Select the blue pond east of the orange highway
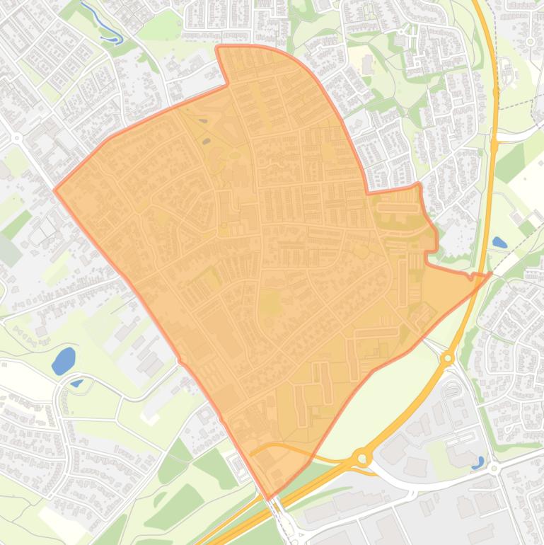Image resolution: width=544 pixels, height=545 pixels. point(499,242)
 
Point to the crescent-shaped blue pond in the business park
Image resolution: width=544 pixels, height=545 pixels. point(479,463)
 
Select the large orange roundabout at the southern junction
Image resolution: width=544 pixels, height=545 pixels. point(363,459)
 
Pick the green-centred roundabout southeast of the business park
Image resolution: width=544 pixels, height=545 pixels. point(494,469)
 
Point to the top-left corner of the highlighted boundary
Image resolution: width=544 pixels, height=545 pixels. point(217,47)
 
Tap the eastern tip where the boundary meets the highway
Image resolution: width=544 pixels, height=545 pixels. point(490,273)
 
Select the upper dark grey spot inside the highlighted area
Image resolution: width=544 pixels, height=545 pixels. point(204,122)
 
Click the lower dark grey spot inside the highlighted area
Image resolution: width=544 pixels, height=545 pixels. point(207,141)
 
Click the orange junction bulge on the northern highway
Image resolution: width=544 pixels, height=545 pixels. point(494,144)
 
